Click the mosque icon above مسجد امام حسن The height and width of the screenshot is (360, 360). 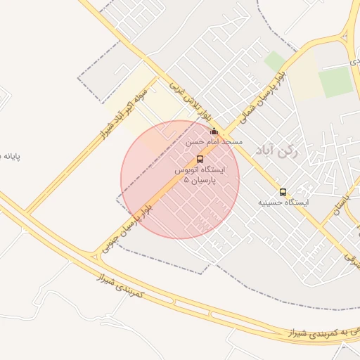click(x=214, y=131)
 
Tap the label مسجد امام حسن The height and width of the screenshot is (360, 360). click(x=214, y=142)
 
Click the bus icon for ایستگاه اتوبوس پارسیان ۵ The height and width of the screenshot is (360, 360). click(x=200, y=159)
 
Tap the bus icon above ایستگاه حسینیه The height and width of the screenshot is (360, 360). click(x=283, y=192)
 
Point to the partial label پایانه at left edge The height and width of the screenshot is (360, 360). click(x=11, y=155)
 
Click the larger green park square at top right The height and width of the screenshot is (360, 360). click(x=335, y=82)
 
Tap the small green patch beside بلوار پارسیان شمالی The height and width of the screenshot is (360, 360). click(x=275, y=61)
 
